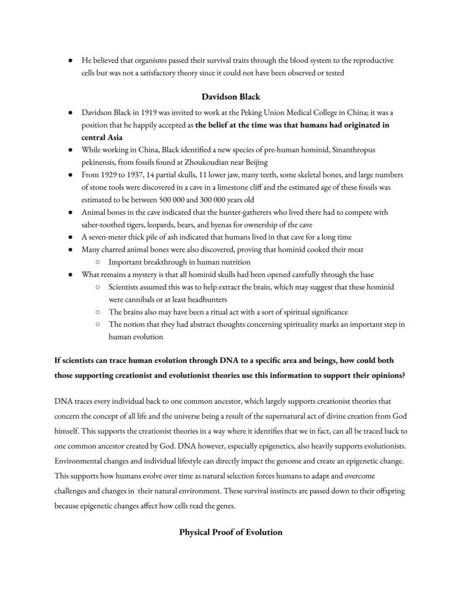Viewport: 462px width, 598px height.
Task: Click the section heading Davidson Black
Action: tap(230, 97)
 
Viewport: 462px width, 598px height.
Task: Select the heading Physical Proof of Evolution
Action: tap(230, 532)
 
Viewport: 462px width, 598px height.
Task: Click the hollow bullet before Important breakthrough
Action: tap(98, 262)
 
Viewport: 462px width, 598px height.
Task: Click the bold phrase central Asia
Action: tap(102, 137)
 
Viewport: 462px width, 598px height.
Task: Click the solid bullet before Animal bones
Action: tap(70, 212)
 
